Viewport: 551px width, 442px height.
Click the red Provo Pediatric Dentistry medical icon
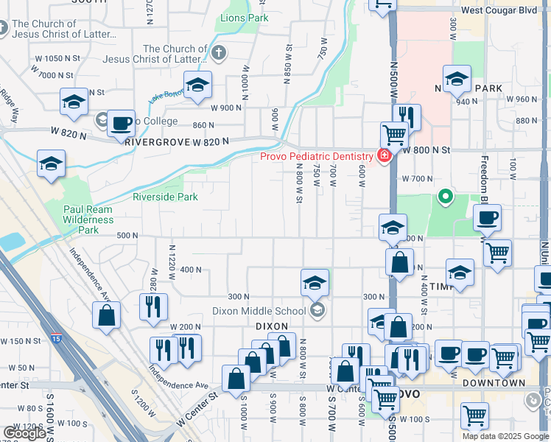[384, 155]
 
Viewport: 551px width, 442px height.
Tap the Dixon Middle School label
[269, 310]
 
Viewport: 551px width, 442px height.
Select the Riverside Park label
[165, 197]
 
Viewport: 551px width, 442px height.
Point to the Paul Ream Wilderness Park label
[88, 220]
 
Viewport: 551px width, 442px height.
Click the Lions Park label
[239, 18]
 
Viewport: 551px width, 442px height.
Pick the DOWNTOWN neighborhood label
[494, 383]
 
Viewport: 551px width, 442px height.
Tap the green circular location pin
[445, 197]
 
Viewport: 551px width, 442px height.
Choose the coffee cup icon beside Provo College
[122, 123]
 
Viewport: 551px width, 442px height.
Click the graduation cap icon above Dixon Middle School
[315, 282]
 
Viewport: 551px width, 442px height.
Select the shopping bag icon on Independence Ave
[107, 316]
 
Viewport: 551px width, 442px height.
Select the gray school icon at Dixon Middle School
[317, 310]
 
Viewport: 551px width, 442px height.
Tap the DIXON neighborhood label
[270, 325]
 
